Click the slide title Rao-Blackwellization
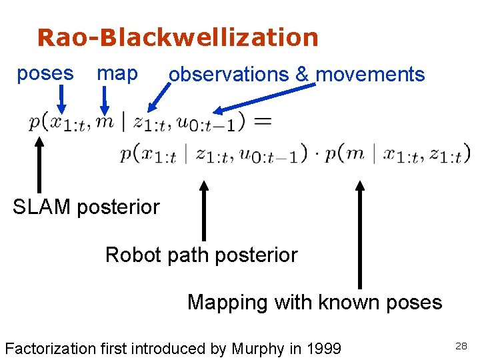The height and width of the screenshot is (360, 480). (178, 38)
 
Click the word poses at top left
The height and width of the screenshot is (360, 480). (45, 73)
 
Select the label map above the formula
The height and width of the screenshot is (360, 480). (117, 73)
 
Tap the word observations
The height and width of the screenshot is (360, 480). (230, 75)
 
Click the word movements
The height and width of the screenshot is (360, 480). (370, 75)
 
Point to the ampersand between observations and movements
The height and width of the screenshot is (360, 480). (302, 75)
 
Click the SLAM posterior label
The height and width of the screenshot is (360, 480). (86, 207)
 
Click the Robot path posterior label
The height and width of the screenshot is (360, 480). (201, 255)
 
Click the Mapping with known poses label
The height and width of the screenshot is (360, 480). (315, 302)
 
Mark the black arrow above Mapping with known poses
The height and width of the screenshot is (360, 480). (360, 233)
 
